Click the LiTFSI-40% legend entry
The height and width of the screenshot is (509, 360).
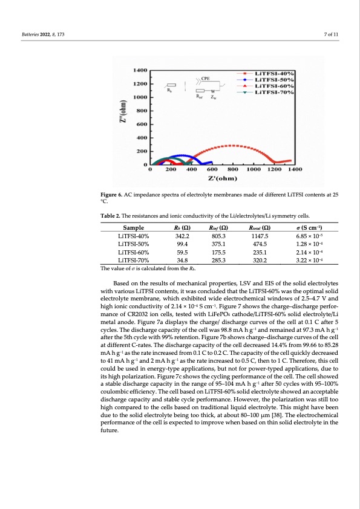point(275,73)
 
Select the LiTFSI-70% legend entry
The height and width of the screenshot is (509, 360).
point(275,92)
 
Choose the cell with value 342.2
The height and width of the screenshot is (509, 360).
point(181,235)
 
